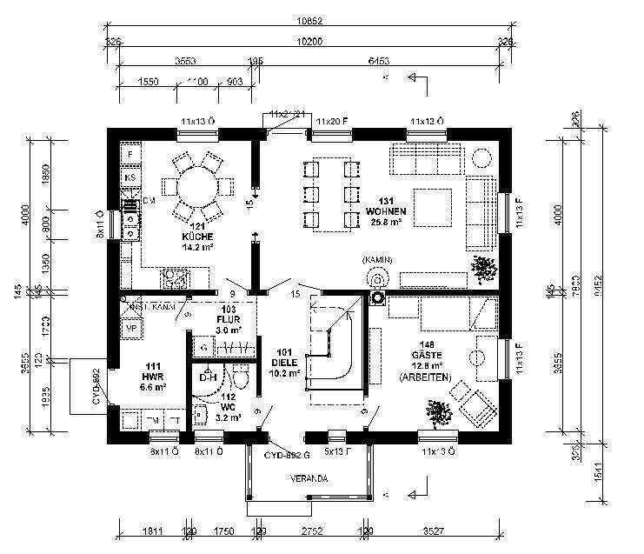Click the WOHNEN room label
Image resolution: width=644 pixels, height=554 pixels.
point(383,210)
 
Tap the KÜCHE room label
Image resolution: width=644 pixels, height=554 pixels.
point(197,237)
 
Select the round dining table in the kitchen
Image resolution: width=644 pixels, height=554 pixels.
point(197,185)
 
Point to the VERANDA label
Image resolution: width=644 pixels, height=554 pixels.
point(309,478)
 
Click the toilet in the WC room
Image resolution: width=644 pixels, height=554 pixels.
point(242,377)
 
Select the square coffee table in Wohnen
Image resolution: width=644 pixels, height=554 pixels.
point(432,206)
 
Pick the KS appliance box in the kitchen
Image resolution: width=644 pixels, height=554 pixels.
point(130,177)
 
